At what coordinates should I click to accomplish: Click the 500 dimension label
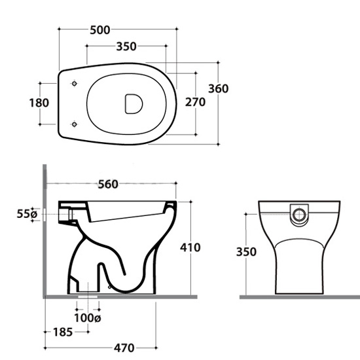[x=100, y=30]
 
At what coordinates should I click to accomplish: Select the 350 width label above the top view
[x=126, y=46]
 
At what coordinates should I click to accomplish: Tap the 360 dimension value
[x=219, y=88]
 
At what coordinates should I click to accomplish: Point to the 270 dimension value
[x=195, y=102]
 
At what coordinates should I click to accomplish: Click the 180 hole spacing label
[x=39, y=103]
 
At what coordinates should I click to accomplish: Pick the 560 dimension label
[x=108, y=184]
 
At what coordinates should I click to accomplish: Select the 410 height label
[x=190, y=247]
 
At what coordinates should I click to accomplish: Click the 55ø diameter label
[x=27, y=214]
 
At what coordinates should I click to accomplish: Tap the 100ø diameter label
[x=88, y=318]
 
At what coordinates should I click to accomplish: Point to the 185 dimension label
[x=63, y=332]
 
